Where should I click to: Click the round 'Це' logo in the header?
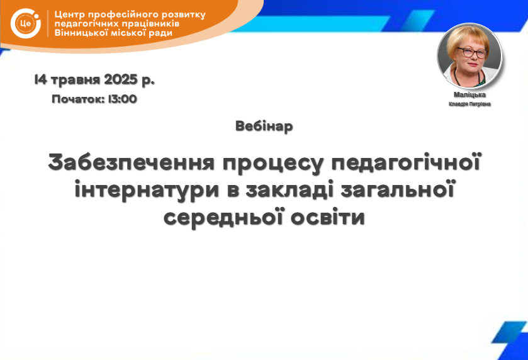(26, 23)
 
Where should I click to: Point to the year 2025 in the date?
(121, 79)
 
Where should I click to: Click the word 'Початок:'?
(78, 99)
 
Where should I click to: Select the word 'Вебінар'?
(264, 127)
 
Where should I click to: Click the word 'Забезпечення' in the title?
(132, 162)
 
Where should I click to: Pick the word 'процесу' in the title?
(273, 164)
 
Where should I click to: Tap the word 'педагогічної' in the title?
(405, 163)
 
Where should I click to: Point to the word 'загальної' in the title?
(398, 190)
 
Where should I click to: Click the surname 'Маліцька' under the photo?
(469, 94)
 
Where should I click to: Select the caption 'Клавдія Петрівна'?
(469, 104)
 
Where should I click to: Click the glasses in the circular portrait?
(472, 52)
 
